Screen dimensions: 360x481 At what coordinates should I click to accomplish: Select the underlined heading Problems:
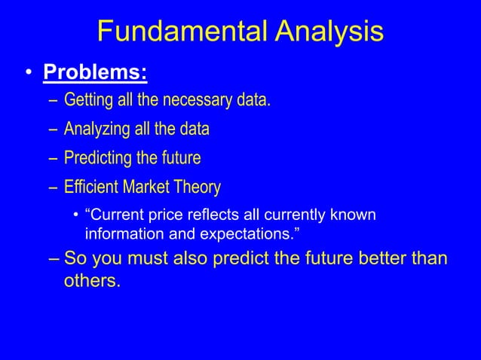click(95, 74)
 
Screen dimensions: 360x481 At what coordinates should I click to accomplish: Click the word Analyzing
click(96, 130)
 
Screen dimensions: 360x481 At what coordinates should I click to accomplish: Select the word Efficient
click(89, 187)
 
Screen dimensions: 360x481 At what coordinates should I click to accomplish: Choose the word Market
click(146, 187)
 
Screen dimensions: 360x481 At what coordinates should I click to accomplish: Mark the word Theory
click(200, 187)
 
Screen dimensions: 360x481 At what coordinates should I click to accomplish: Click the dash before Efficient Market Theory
click(52, 187)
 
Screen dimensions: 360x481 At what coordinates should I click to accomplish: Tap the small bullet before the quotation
click(77, 215)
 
